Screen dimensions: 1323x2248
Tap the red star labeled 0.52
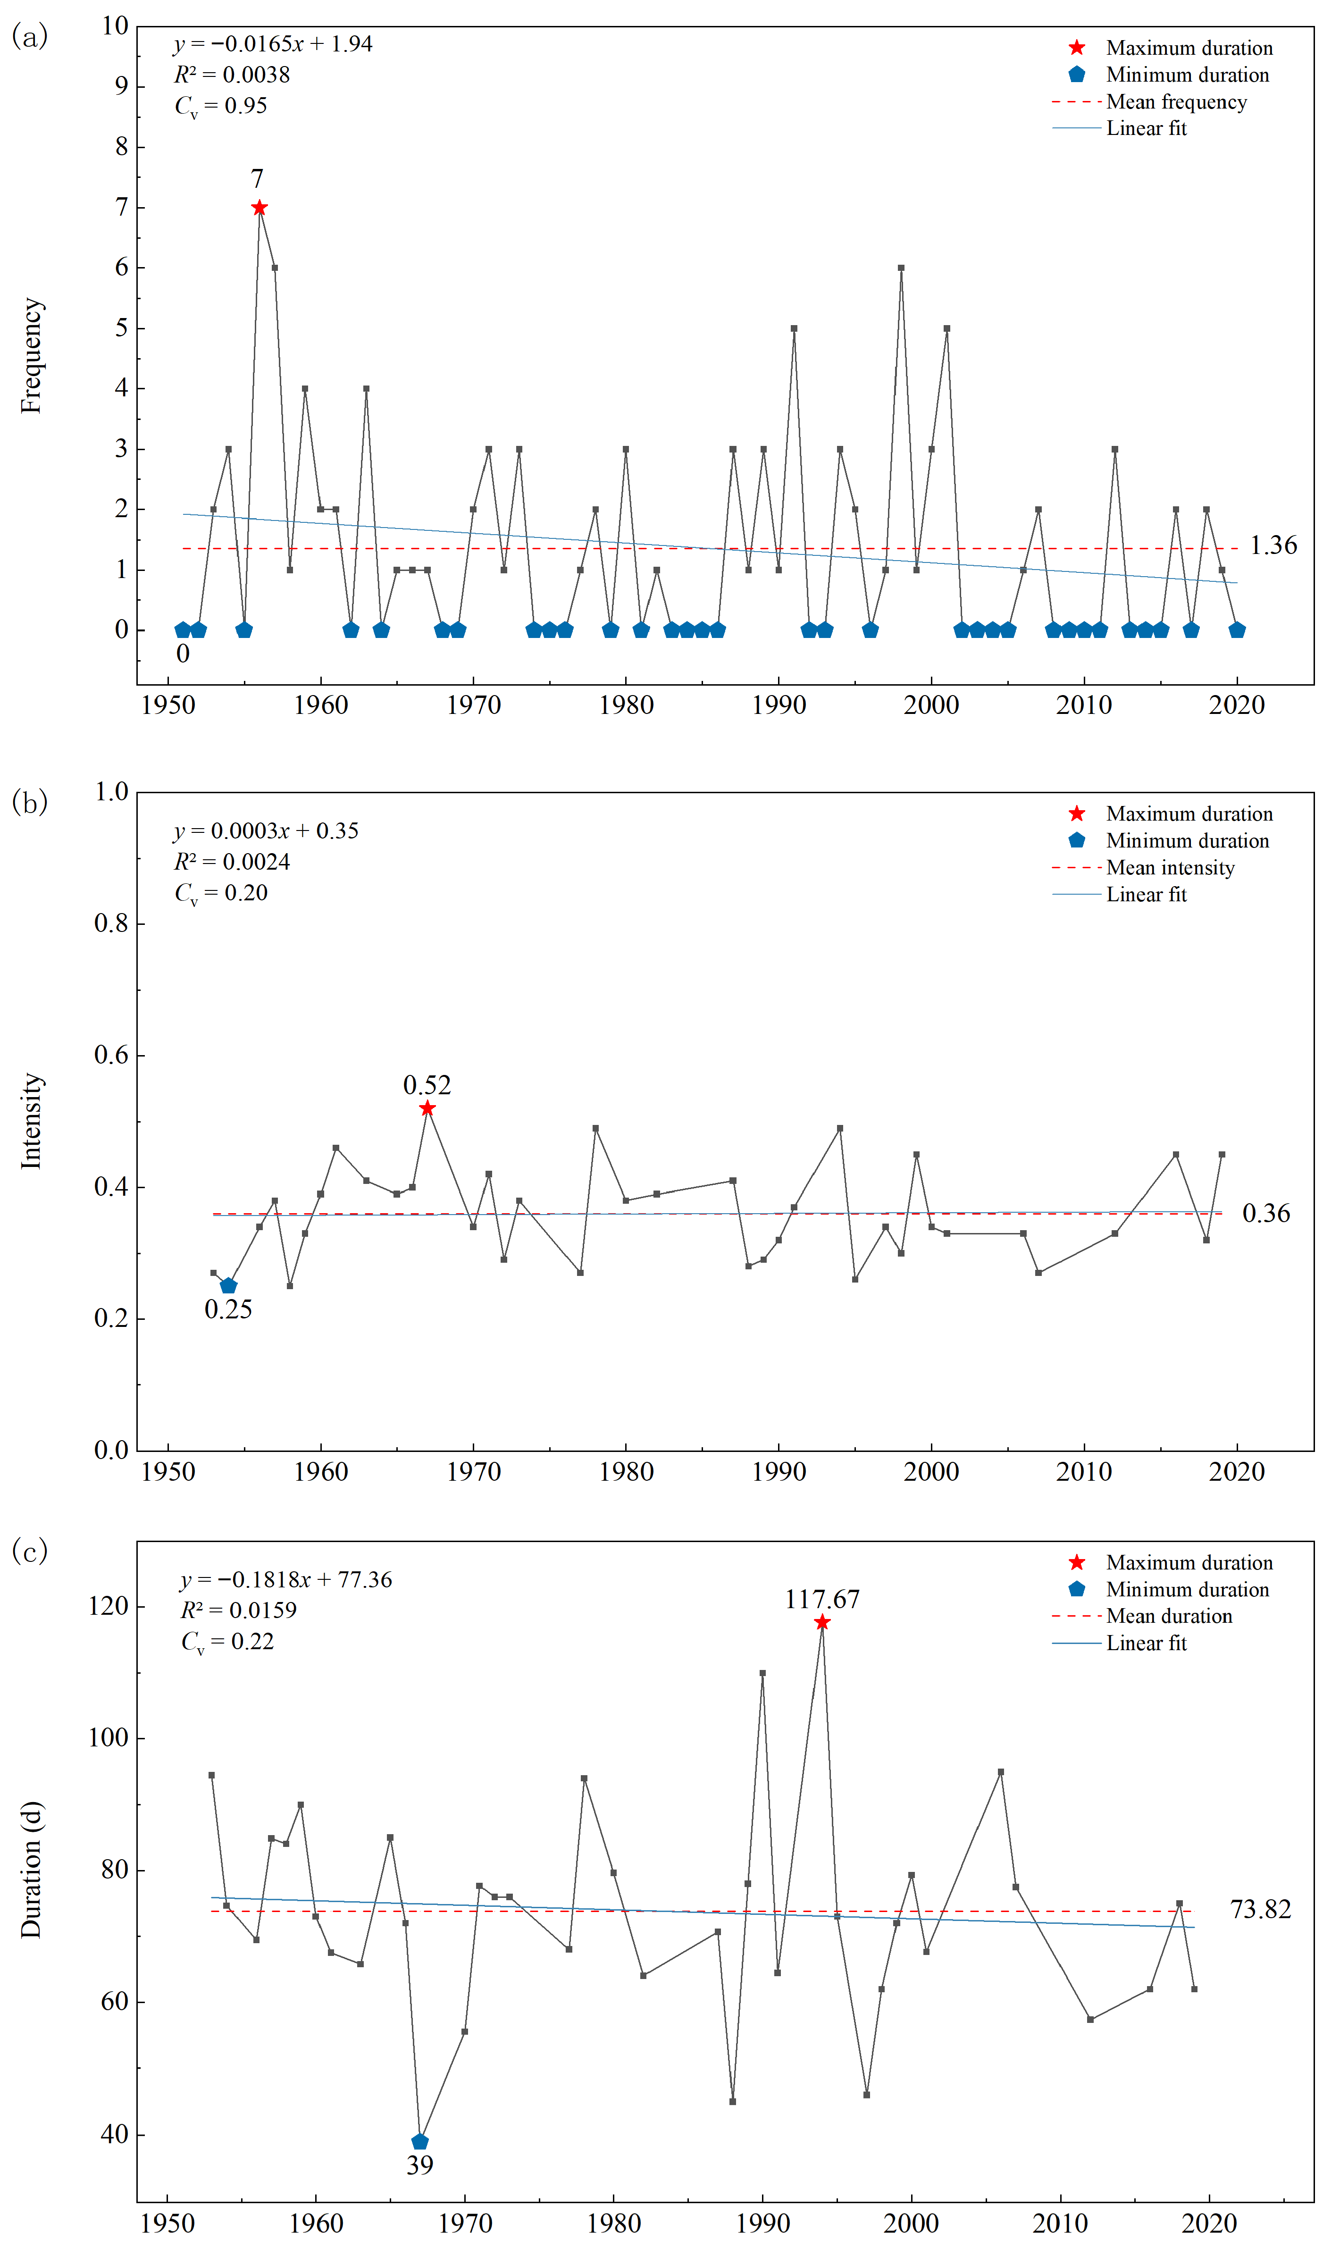(x=427, y=1108)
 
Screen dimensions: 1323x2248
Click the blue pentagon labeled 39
(x=420, y=2141)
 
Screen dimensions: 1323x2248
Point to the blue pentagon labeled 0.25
(x=228, y=1285)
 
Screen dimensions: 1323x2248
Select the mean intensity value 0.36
(x=1266, y=1213)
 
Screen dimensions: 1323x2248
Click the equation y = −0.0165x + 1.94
(x=273, y=44)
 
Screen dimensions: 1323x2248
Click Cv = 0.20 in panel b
(x=221, y=893)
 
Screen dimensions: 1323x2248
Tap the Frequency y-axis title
(x=31, y=355)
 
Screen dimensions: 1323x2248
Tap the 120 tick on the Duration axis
(x=109, y=1606)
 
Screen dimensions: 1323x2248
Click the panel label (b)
(x=29, y=802)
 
